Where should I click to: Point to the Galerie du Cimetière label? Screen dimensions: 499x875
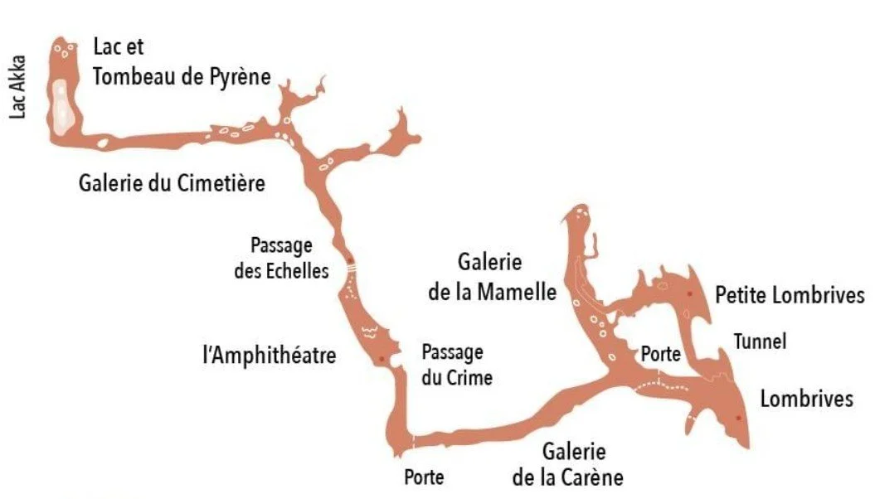point(173,183)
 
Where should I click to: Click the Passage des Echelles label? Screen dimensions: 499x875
point(282,258)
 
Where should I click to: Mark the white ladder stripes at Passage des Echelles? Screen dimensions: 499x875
point(351,268)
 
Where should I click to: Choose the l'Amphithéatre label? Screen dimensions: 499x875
point(269,357)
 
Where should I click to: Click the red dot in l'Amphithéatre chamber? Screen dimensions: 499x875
point(381,359)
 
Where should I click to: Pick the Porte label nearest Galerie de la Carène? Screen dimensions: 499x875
point(424,477)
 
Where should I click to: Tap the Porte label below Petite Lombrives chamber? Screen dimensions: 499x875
point(661,354)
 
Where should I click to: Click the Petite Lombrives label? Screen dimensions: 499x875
point(790,296)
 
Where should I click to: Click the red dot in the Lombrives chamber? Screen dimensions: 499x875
point(738,417)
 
